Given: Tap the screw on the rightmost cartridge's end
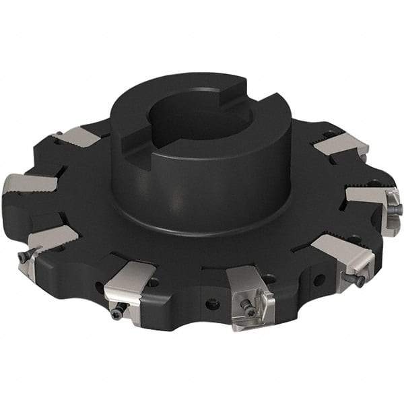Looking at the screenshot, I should point(394,210).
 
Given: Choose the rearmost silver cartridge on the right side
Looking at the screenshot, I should point(340,145).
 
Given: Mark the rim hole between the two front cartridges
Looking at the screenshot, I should point(213,304).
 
